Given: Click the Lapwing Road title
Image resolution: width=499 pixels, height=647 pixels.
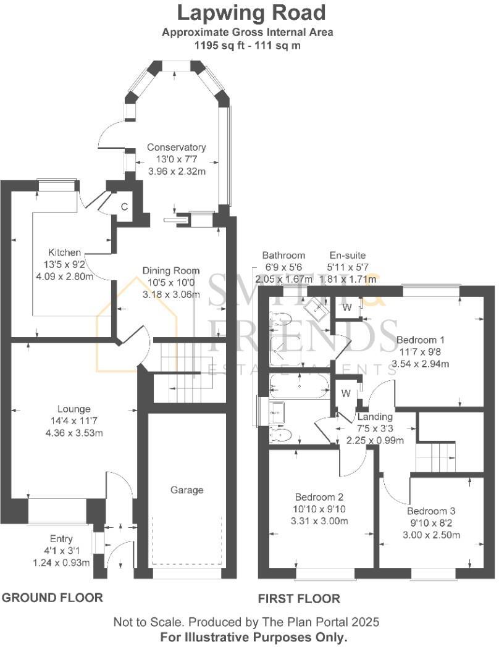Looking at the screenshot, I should tap(251, 12).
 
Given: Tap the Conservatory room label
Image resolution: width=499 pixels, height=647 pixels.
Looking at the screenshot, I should tap(176, 148).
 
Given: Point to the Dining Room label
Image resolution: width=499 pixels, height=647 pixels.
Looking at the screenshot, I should tap(171, 270).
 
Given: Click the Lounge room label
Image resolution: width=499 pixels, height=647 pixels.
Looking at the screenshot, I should tap(73, 409).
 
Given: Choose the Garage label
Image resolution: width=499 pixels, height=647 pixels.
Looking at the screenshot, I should tap(187, 490).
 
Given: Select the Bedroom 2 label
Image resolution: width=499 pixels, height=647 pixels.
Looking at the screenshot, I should tap(319, 498).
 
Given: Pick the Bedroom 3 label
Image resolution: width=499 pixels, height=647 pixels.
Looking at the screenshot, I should tap(431, 511).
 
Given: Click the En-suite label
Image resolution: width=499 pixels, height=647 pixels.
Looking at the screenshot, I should tap(347, 255).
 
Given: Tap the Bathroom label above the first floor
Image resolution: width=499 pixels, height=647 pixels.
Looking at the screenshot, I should tap(283, 255).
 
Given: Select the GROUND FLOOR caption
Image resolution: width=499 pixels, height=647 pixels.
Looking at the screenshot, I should tap(52, 598).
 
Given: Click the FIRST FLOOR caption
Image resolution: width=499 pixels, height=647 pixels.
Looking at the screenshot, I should tap(298, 598).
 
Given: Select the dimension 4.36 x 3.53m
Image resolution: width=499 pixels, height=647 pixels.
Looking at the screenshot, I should tap(73, 432).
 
